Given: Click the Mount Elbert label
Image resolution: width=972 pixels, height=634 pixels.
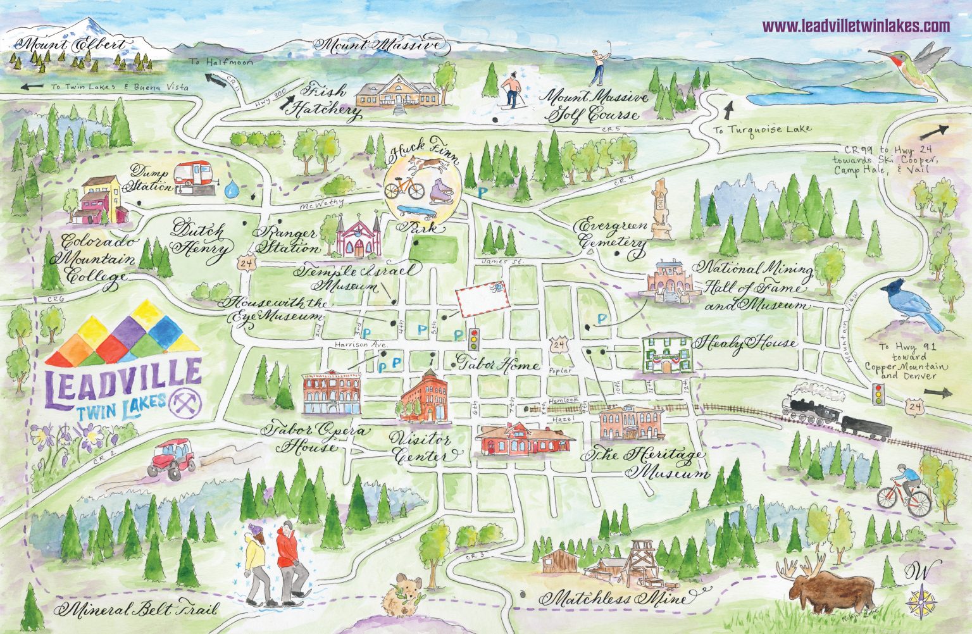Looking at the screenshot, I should tap(71, 45).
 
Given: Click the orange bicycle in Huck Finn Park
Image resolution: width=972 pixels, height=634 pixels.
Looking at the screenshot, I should tap(405, 187).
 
